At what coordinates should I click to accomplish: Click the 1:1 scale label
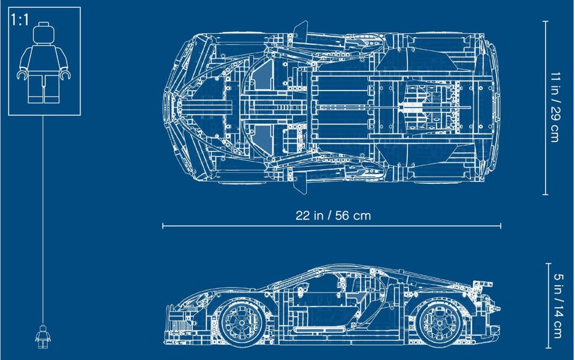(x=20, y=19)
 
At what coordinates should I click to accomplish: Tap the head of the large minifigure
(x=44, y=33)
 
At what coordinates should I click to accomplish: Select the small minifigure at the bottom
(x=43, y=337)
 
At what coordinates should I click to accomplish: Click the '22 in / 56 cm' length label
(x=333, y=215)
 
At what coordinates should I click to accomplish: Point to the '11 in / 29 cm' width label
(x=555, y=107)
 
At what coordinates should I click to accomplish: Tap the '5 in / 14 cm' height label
(x=558, y=305)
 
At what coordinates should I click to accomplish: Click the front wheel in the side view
(x=241, y=322)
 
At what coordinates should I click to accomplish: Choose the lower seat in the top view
(x=264, y=140)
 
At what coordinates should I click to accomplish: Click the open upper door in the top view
(x=300, y=29)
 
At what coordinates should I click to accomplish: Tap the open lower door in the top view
(x=300, y=184)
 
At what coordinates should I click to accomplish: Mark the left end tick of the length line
(x=163, y=226)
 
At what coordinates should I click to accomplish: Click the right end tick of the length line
(x=501, y=226)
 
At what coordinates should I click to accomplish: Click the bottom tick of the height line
(x=549, y=348)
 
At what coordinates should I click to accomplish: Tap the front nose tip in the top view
(x=164, y=107)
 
